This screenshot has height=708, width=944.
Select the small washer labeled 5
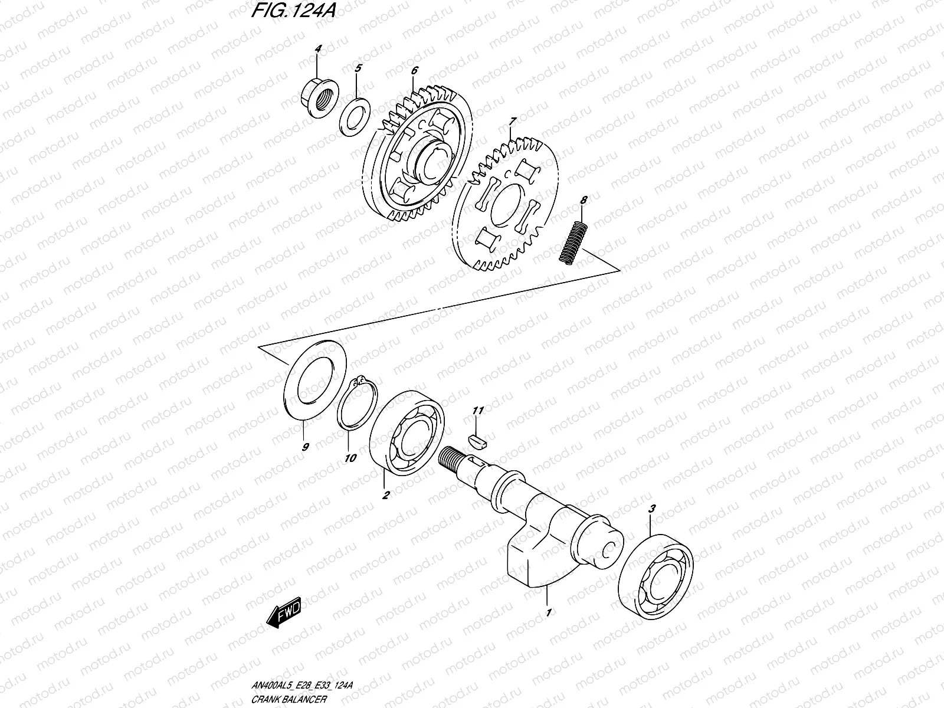(354, 117)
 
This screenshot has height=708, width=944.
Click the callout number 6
(414, 70)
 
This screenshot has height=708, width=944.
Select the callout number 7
(512, 122)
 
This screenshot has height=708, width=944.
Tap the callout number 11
(478, 410)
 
